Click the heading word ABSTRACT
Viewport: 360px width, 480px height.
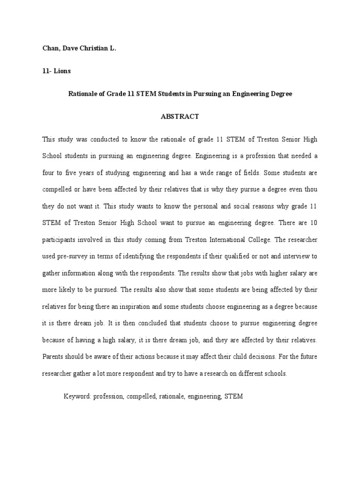tap(180, 117)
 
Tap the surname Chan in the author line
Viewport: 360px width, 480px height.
tap(50, 48)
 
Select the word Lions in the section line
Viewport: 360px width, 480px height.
tap(61, 71)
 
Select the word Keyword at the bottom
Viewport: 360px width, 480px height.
tap(77, 396)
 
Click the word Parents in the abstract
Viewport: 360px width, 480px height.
tap(54, 357)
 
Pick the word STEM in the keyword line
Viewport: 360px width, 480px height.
tap(233, 396)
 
